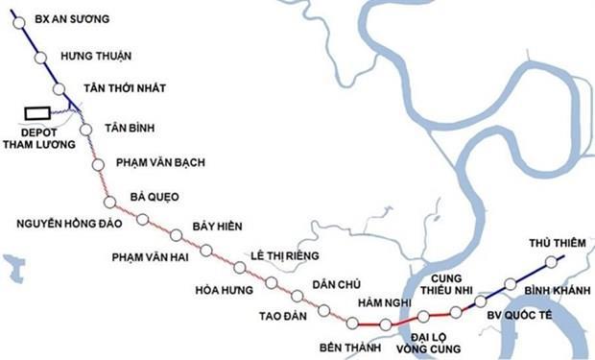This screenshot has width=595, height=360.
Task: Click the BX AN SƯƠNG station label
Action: (72, 18)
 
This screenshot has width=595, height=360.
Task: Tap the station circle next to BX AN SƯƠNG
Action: (19, 23)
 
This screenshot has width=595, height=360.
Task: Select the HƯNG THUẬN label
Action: (95, 56)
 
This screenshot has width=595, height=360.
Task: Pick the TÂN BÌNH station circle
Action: (85, 130)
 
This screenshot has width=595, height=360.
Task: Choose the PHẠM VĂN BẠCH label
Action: (159, 162)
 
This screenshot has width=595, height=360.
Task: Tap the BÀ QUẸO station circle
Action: (109, 202)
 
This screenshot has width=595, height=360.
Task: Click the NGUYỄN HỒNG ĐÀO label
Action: (69, 224)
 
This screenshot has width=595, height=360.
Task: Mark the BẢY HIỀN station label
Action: (218, 227)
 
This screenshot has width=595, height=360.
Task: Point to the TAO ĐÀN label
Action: (281, 314)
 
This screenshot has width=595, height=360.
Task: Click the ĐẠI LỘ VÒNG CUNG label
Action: (423, 344)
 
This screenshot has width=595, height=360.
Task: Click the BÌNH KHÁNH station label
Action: (552, 287)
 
